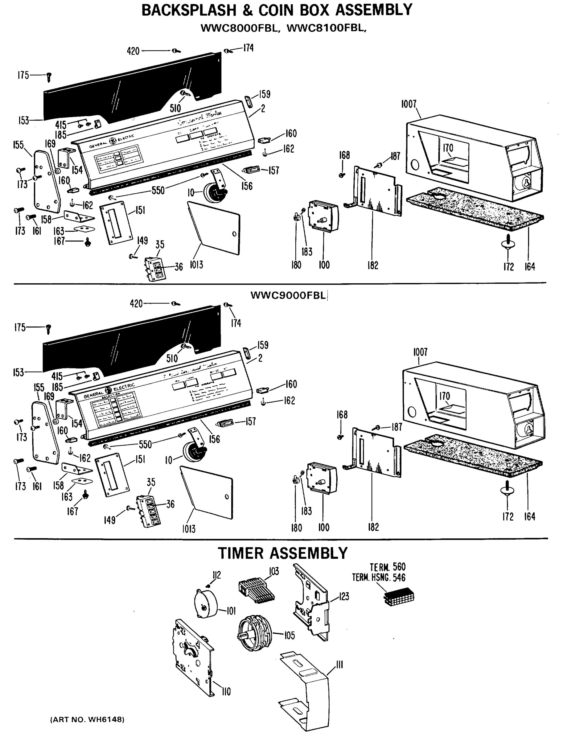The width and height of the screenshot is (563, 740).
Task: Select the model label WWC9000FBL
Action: pos(288,295)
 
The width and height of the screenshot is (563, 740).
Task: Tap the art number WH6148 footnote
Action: pos(87,719)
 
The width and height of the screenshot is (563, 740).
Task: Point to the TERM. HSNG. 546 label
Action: pos(379,578)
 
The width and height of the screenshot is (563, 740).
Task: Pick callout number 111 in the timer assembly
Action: pos(339,664)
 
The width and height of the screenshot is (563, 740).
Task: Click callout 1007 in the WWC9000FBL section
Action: pos(420,352)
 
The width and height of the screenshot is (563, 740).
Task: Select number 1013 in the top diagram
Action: pos(196,265)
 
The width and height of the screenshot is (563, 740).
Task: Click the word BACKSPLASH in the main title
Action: pos(189,10)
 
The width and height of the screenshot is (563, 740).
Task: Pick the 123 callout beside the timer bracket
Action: pos(344,596)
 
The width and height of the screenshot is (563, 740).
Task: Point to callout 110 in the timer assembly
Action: pos(226,691)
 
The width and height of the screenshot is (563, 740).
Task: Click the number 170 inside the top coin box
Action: pos(448,148)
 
